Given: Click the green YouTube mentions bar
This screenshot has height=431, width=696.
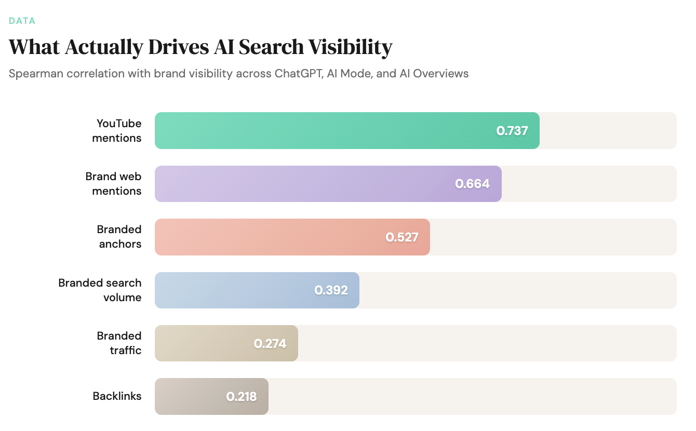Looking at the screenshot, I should click(322, 131).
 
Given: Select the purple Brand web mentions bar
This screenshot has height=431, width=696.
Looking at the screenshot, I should click(301, 184).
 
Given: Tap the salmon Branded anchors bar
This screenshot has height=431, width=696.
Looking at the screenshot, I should click(270, 237).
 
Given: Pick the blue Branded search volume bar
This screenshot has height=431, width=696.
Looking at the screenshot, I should click(234, 290).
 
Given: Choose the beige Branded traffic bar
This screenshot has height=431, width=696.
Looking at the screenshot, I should click(203, 343).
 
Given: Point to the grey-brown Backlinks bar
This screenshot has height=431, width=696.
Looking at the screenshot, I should click(187, 397).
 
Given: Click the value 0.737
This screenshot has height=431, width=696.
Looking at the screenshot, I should click(512, 131).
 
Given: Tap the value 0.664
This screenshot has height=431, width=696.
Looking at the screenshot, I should click(472, 184).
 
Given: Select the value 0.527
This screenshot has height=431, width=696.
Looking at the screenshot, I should click(401, 237).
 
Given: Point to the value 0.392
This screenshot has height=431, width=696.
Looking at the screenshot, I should click(331, 290).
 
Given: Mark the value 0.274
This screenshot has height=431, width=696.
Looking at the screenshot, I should click(270, 343).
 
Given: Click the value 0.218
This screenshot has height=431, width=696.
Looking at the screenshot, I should click(241, 397).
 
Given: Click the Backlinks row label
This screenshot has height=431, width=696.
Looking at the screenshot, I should click(117, 396).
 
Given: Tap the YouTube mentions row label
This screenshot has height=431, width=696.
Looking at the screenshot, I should click(117, 131).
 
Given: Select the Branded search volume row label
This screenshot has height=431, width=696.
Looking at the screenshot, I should click(100, 290).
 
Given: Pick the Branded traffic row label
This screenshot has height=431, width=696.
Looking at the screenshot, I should click(119, 343).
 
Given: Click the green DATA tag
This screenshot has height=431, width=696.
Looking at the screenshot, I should click(22, 21).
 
